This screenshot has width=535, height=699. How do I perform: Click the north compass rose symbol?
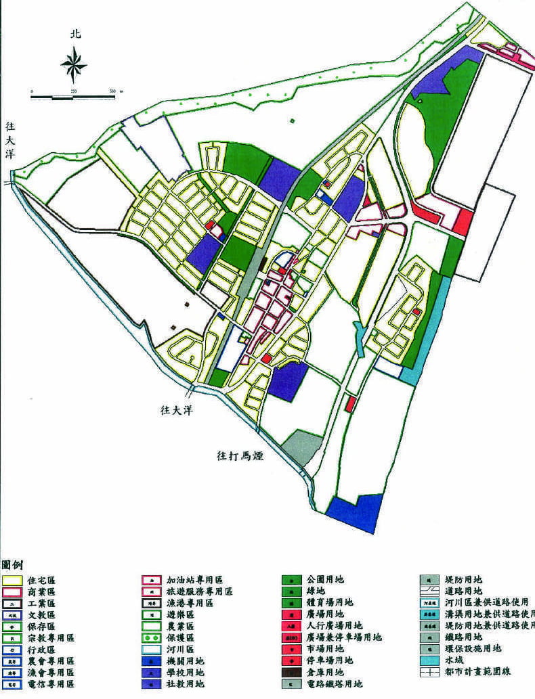tap(74, 65)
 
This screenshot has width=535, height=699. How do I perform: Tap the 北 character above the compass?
tap(74, 35)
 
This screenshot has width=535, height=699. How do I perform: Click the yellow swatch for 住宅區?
tap(12, 581)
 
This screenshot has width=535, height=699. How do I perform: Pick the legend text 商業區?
tap(43, 591)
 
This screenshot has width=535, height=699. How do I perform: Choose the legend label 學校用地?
tap(186, 673)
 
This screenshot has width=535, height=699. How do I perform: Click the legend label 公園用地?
tap(326, 580)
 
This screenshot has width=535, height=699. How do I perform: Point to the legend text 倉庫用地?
tap(326, 673)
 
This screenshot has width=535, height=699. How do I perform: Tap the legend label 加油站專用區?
tap(194, 580)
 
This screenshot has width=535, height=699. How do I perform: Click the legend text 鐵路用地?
tap(463, 637)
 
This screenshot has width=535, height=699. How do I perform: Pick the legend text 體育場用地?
tap(330, 603)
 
